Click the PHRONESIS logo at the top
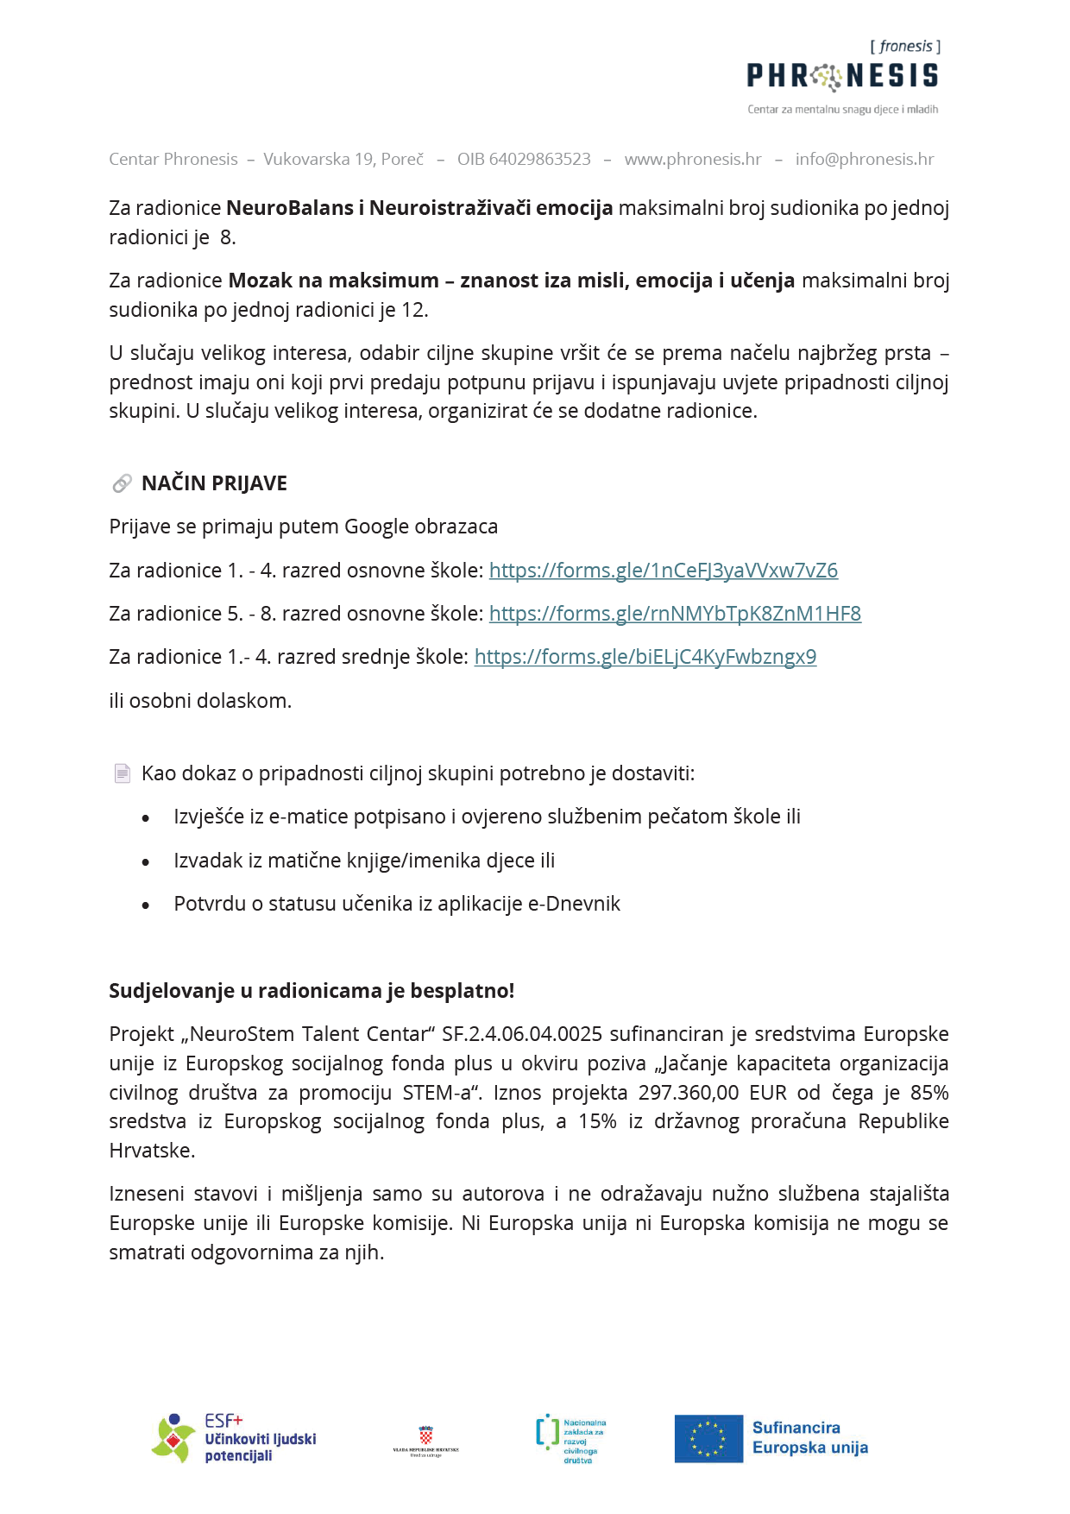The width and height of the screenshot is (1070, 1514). coord(842,77)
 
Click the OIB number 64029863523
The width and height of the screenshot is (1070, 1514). coord(524,159)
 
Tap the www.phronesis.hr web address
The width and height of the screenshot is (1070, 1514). coord(693,159)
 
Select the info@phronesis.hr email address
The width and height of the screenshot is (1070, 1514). coord(865,159)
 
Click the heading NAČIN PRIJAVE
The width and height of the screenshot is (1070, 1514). coord(214,483)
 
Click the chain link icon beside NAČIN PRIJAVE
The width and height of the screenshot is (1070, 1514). coord(122,483)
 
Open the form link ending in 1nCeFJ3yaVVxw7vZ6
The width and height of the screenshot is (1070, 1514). coord(663,571)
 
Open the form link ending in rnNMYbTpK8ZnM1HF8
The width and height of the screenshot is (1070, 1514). coord(675,614)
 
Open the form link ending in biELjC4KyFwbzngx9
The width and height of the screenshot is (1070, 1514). coord(645,657)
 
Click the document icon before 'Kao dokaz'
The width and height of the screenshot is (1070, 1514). coord(123,773)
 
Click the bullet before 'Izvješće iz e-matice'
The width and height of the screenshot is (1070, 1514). coord(146,818)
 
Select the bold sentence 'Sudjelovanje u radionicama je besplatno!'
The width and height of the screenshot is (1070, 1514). coord(312,991)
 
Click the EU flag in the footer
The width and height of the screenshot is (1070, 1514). coord(708,1439)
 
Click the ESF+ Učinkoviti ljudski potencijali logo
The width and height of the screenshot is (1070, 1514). coord(235,1439)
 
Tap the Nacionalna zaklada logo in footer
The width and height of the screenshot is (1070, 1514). coord(570,1439)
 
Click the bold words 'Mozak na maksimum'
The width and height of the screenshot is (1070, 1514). coord(333,281)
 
